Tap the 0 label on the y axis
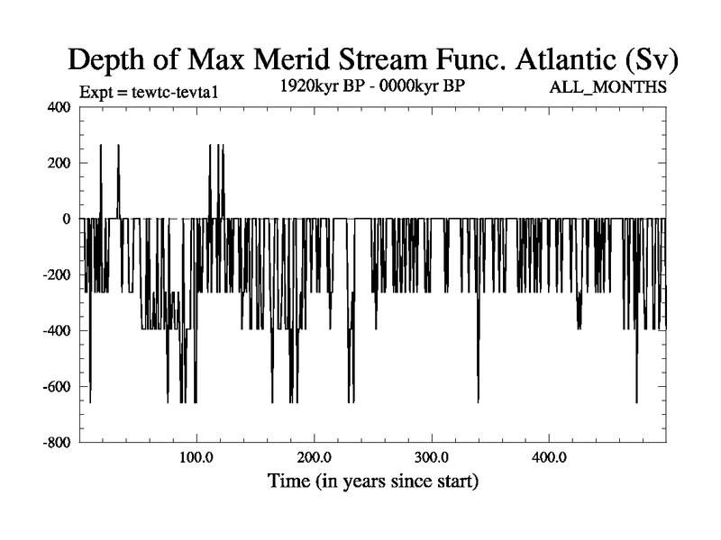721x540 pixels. coord(66,219)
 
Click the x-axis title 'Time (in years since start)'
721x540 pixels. coord(373,481)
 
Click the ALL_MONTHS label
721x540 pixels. coord(608,88)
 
